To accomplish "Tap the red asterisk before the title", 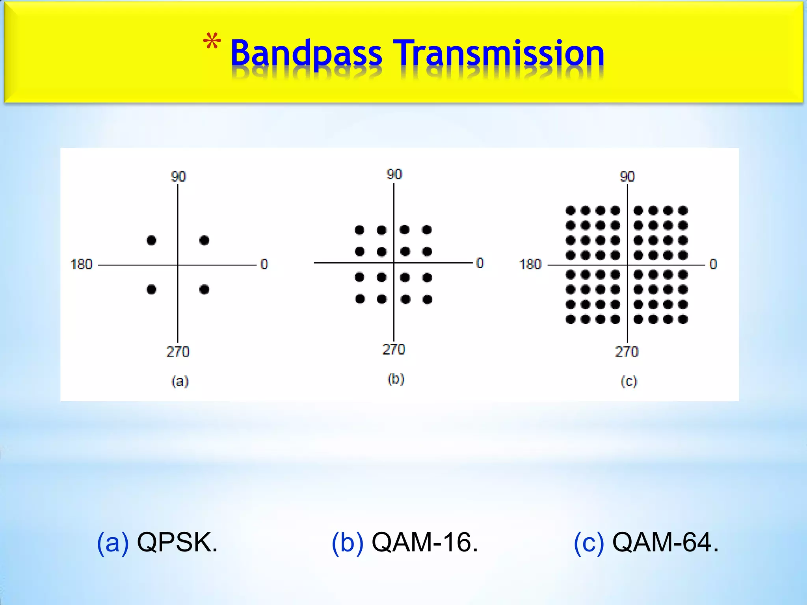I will point(212,42).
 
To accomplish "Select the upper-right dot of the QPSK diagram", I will point(204,240).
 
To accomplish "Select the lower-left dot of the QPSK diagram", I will point(151,290).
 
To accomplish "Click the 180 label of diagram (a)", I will point(81,264).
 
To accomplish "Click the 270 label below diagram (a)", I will point(178,351).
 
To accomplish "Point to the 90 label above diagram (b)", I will point(394,174).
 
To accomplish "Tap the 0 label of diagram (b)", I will point(480,263).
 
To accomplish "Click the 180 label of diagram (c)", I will point(530,264).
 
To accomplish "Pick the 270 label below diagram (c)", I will point(627,351).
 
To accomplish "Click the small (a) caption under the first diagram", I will point(180,381).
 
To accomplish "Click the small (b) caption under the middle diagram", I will point(396,379).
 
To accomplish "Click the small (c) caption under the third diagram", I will point(629,381).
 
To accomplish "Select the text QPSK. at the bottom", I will point(177,543).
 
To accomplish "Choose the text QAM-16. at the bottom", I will point(425,543).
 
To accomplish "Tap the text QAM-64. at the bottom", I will point(665,543).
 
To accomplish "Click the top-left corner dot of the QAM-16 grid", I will point(359,230).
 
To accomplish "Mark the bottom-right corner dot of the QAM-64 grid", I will point(683,319).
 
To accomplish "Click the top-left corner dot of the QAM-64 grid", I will point(571,211).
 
